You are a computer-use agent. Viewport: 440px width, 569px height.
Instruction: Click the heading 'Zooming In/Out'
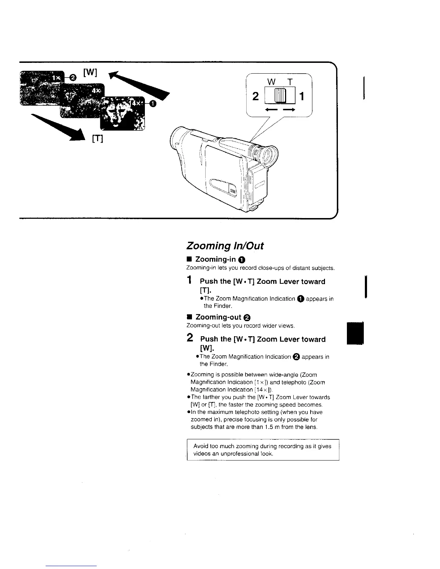225,246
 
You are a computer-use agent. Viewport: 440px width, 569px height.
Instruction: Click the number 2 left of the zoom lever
256,96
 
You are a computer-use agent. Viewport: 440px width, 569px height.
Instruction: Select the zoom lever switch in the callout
280,96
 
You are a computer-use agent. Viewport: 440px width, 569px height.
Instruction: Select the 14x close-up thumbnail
122,113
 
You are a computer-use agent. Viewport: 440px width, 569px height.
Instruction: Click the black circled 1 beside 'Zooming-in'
241,260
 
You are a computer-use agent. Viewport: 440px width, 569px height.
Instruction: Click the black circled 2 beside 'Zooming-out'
247,318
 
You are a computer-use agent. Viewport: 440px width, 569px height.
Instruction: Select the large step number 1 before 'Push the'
189,280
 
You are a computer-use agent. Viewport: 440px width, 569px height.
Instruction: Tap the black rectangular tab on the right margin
356,333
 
